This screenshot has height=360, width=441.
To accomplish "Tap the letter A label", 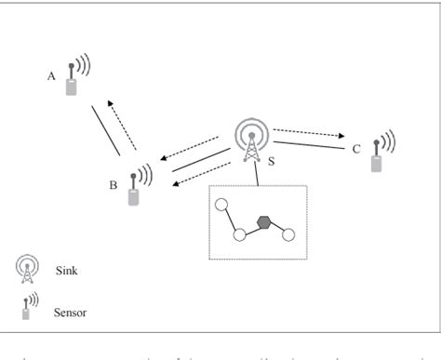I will click(52, 77).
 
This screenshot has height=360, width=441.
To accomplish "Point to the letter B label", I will click(113, 186).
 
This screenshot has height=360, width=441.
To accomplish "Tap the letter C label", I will click(356, 149).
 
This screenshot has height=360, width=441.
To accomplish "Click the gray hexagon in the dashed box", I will click(265, 222).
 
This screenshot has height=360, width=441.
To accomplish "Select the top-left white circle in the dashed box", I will click(220, 205).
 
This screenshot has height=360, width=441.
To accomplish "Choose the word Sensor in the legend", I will click(72, 313).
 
